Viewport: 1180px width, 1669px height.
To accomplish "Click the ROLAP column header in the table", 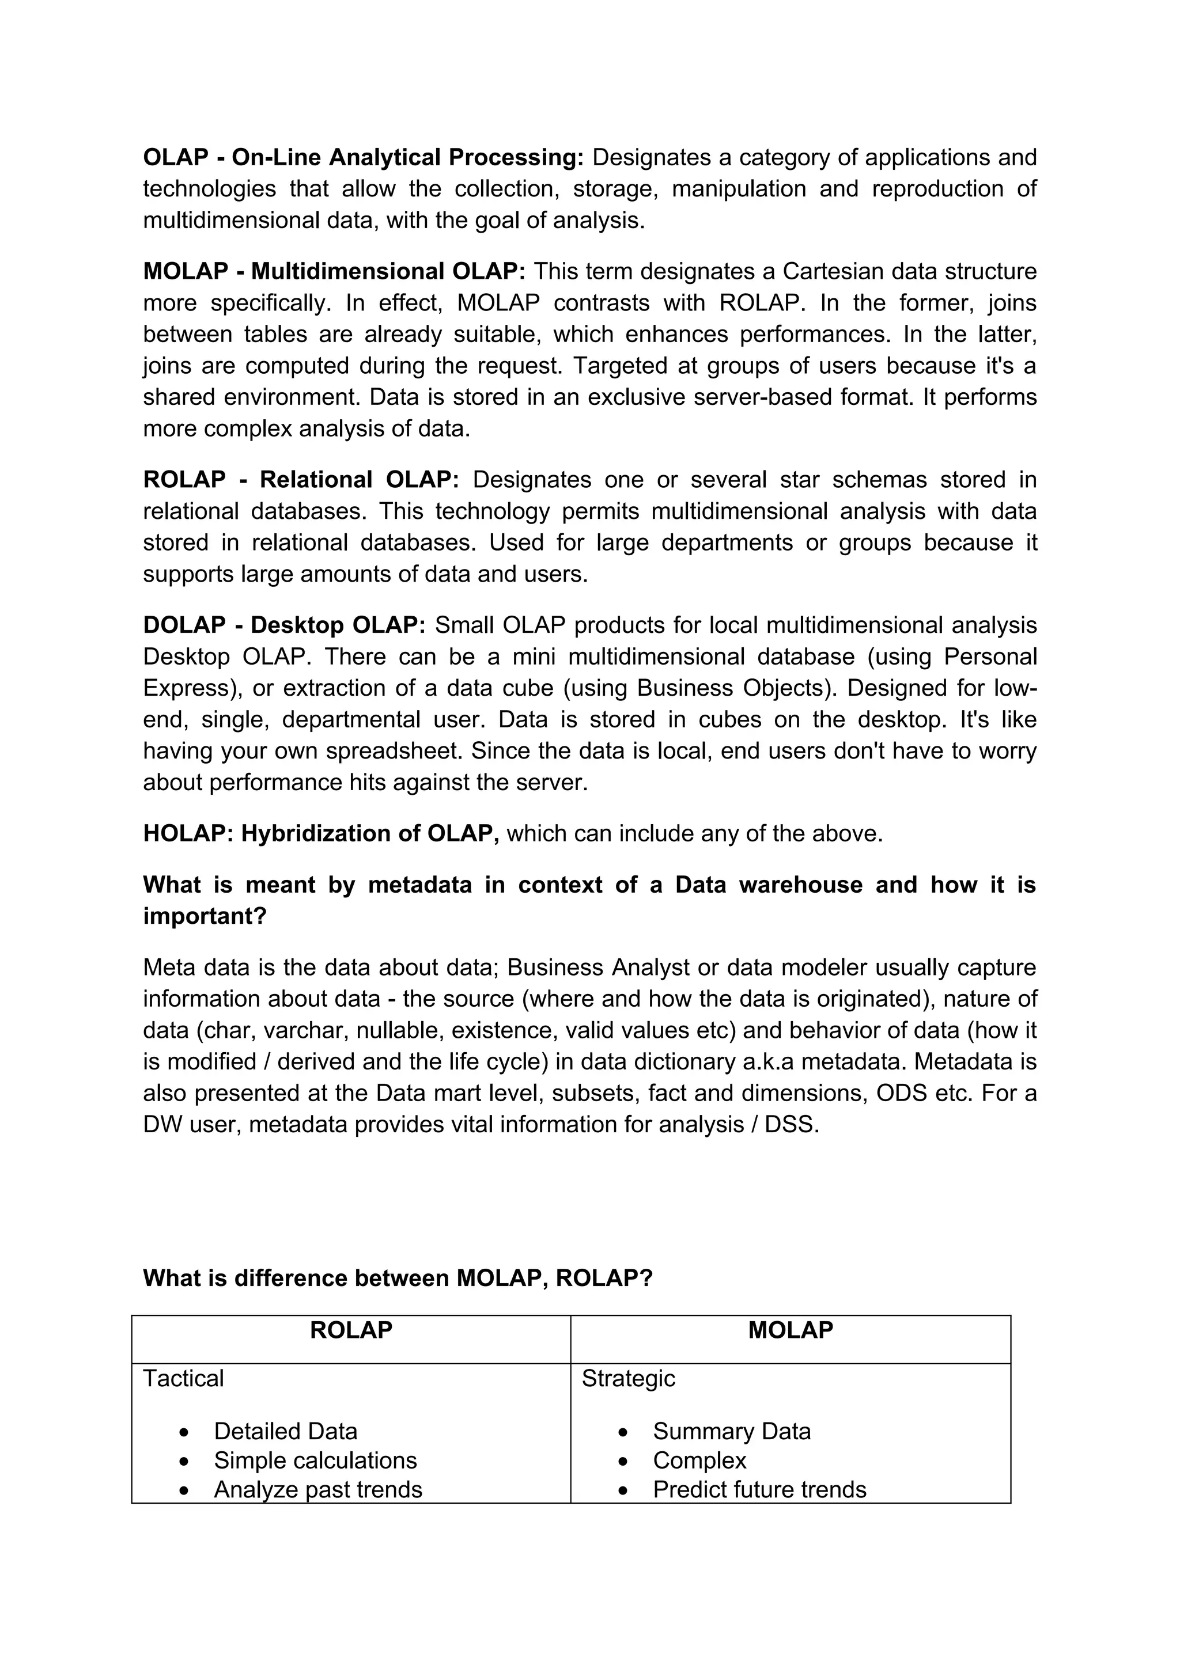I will tap(350, 1330).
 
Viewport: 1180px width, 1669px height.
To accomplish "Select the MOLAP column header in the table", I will tap(791, 1330).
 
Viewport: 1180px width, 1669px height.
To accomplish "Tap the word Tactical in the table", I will tap(183, 1378).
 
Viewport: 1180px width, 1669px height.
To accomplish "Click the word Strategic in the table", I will tap(628, 1378).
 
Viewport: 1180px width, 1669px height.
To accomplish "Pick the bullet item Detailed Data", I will tap(286, 1431).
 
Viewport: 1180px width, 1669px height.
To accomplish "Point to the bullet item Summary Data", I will tap(731, 1431).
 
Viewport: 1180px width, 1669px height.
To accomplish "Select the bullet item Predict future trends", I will tap(759, 1489).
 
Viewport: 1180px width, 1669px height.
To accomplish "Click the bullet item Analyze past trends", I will tap(317, 1489).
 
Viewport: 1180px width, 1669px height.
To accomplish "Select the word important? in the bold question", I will tap(205, 916).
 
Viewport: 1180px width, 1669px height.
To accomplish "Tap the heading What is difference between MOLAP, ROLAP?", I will tap(398, 1278).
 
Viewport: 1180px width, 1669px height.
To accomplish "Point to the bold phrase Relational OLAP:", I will tap(359, 480).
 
